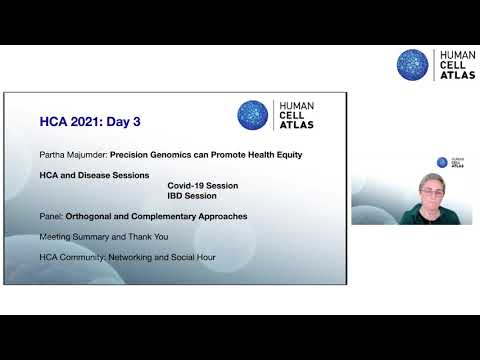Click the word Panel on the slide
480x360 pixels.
point(50,216)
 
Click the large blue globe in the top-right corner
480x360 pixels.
point(412,65)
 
